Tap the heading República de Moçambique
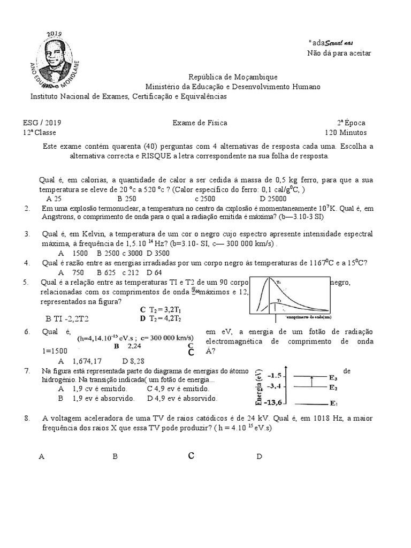click(x=233, y=77)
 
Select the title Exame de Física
click(x=200, y=123)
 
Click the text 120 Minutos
click(x=346, y=133)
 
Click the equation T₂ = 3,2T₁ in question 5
click(x=163, y=309)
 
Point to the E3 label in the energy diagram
click(x=333, y=377)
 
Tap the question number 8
click(x=27, y=418)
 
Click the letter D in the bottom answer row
click(x=259, y=456)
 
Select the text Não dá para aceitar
click(x=338, y=52)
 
